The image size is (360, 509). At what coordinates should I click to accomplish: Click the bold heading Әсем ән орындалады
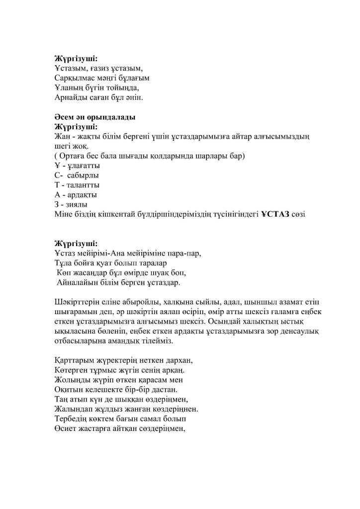point(94,117)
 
